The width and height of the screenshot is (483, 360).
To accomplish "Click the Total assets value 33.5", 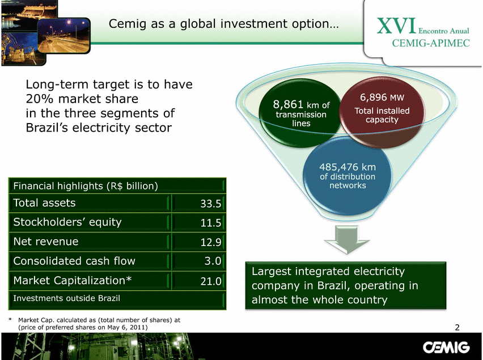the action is (211, 204).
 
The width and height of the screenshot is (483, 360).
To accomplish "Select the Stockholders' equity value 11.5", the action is (211, 223).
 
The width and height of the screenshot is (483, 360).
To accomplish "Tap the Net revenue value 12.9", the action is (211, 242).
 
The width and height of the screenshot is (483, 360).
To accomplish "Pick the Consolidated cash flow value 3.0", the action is (213, 261).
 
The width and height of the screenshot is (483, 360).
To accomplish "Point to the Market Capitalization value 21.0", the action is (211, 281).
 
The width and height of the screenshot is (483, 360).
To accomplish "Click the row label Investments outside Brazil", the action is (66, 298).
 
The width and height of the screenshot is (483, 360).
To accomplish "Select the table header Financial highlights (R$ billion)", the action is (86, 186).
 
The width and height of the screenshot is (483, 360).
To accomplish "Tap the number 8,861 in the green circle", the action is (288, 104).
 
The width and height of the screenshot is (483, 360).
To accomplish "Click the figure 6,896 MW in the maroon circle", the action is (382, 98).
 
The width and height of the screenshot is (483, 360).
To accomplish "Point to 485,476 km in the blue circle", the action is (348, 167).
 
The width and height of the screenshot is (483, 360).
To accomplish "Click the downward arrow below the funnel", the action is (347, 240).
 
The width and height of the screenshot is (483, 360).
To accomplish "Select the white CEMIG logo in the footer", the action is (446, 348).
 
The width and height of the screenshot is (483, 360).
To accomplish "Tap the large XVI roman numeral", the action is (396, 26).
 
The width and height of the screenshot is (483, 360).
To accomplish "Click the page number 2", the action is (457, 327).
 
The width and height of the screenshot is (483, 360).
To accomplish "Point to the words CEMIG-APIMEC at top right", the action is (431, 43).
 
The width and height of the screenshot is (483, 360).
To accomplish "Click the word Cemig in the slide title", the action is (127, 24).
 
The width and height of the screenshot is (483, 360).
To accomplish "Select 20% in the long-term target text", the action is (40, 99).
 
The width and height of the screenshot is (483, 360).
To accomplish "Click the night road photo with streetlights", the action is (63, 35).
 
